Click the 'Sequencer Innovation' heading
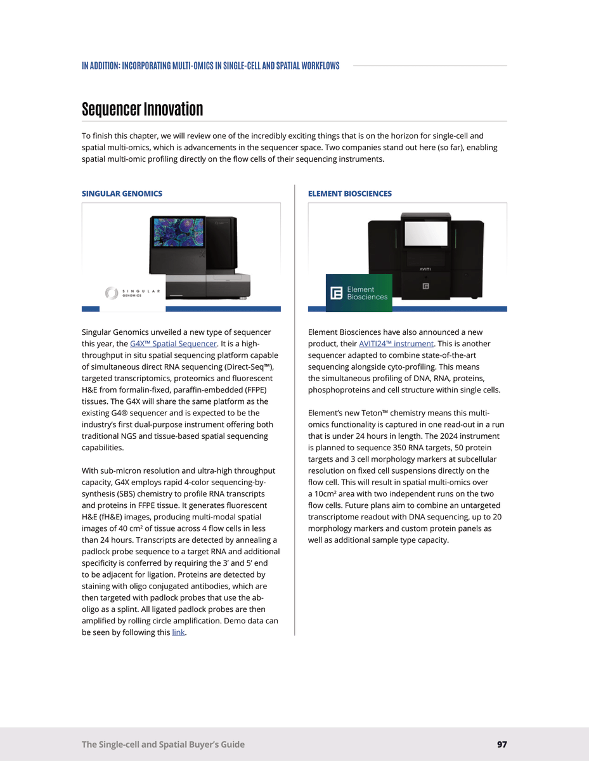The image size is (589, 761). click(x=142, y=109)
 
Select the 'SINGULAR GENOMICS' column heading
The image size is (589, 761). click(x=122, y=193)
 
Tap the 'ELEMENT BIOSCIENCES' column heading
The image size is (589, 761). click(x=349, y=193)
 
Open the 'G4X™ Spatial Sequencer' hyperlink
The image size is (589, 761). click(x=173, y=344)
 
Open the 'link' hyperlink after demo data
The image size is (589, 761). click(x=178, y=632)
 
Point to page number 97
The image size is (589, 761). click(x=502, y=745)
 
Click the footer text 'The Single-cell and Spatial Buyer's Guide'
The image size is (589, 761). click(x=163, y=745)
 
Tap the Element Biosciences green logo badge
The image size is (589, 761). click(x=359, y=293)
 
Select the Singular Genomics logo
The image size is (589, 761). click(x=133, y=292)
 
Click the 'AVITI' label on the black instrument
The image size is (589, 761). click(x=425, y=268)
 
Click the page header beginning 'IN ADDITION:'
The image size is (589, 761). click(x=210, y=66)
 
